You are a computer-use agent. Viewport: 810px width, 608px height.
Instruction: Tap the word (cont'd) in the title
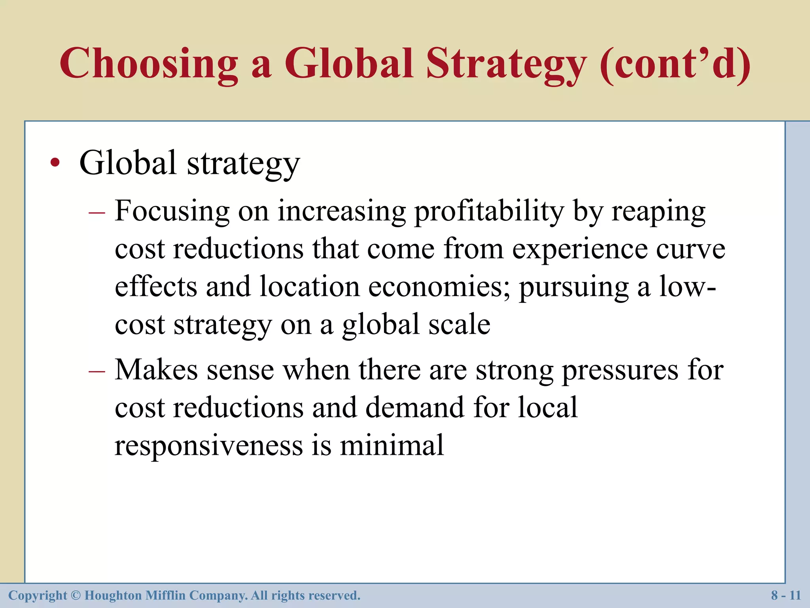[675, 63]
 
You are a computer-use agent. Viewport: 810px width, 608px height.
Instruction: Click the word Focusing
[172, 211]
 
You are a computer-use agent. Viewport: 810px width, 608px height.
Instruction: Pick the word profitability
[489, 211]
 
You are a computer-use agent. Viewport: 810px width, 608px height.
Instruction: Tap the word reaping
[659, 212]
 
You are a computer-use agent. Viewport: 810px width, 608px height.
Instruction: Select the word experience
[580, 249]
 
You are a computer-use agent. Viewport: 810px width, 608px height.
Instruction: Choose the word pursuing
[573, 287]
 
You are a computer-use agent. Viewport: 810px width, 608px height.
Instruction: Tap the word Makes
[157, 370]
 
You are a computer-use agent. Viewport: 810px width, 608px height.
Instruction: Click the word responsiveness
[208, 446]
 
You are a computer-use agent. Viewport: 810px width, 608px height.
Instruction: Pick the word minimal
[392, 445]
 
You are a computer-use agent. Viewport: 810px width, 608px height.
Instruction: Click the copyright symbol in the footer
[76, 595]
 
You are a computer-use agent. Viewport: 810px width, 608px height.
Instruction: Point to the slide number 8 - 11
[786, 595]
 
